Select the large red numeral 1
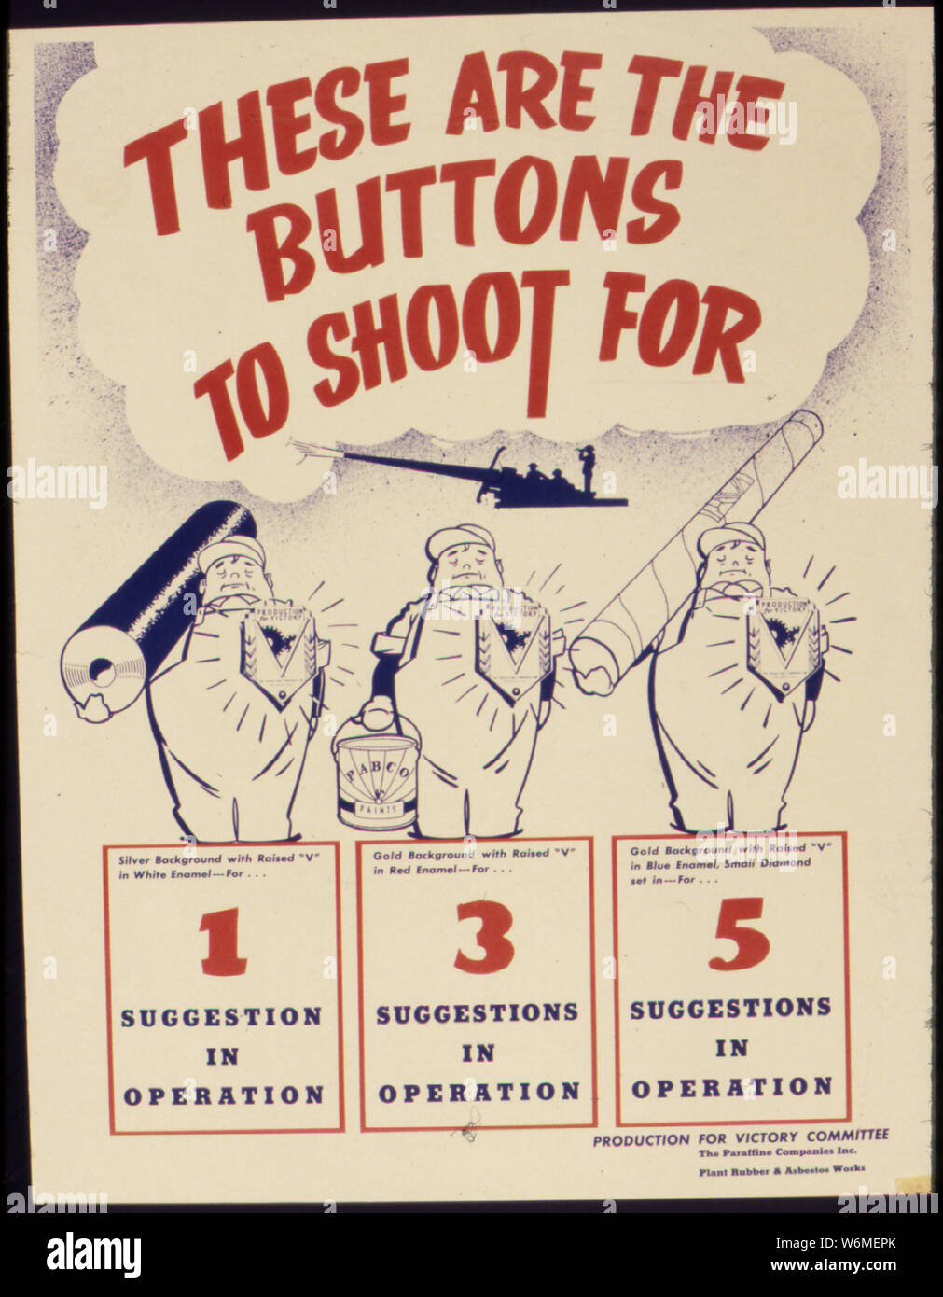(x=223, y=943)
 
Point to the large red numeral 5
(x=738, y=933)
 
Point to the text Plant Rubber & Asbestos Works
(x=782, y=1168)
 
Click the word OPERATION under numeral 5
(x=731, y=1087)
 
